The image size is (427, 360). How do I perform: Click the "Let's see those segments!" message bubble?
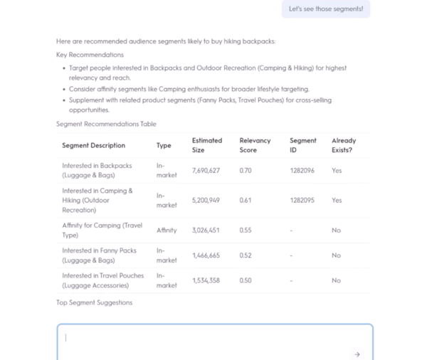tap(326, 9)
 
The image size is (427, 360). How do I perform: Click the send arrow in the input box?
tap(357, 354)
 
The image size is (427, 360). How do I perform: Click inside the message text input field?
tap(206, 339)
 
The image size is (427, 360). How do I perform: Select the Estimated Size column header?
tap(207, 145)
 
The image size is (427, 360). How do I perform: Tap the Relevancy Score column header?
tap(255, 145)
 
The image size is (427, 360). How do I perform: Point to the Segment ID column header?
tap(303, 145)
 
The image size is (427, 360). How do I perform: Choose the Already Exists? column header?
tap(344, 145)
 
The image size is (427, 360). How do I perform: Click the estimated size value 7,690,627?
tap(206, 171)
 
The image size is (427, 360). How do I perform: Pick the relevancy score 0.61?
tap(245, 201)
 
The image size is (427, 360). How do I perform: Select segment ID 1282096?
tap(302, 171)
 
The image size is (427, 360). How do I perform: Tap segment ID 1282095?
tap(302, 201)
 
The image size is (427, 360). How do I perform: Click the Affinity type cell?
tap(167, 231)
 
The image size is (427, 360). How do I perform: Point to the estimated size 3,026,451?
tap(206, 231)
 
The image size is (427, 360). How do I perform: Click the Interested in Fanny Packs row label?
tap(99, 255)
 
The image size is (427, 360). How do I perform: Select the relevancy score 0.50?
tap(245, 280)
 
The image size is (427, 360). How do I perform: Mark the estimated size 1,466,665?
tap(206, 255)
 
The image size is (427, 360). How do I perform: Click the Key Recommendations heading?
tap(90, 55)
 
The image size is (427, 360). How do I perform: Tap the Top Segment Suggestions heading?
tap(94, 302)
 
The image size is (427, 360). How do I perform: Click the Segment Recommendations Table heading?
tap(106, 124)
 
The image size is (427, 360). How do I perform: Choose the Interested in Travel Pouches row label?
tap(102, 280)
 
